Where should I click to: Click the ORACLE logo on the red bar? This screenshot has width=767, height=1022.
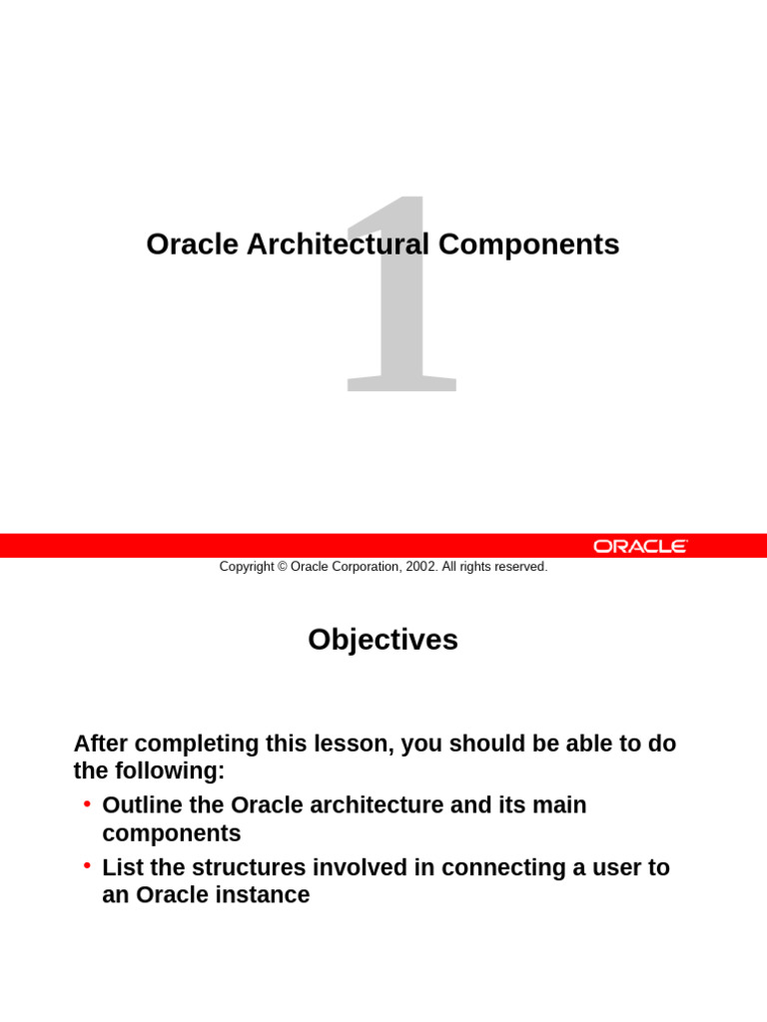pos(640,546)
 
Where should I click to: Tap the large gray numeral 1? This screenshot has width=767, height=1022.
pos(401,299)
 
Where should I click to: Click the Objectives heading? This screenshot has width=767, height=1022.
pos(383,640)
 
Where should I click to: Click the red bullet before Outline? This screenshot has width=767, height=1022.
pos(88,803)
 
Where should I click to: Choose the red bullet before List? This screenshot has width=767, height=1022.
pos(88,865)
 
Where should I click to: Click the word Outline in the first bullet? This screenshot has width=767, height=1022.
pos(141,805)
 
